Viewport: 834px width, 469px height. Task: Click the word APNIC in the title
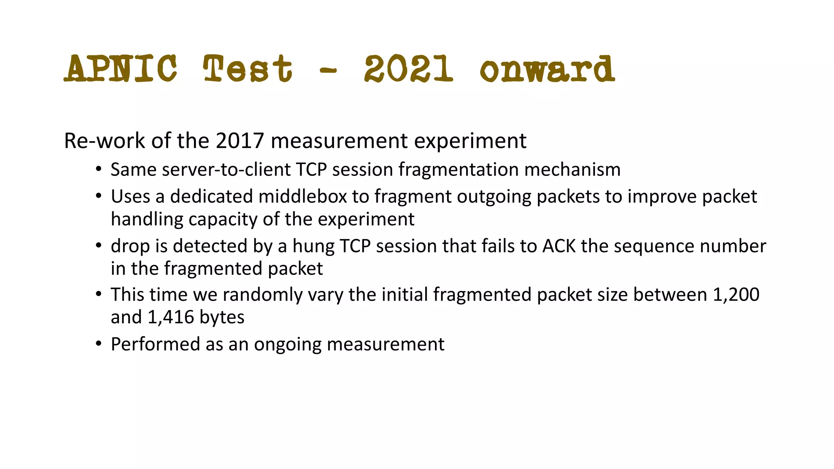coord(121,68)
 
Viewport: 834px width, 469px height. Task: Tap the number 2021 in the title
coord(408,68)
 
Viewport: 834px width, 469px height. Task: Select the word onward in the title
coord(547,68)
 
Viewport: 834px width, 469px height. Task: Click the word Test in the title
coord(248,68)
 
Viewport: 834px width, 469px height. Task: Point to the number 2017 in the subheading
coord(240,141)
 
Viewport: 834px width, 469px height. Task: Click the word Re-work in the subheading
coord(105,141)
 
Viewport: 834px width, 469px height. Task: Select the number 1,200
coord(736,295)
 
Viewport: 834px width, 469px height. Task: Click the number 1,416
coord(171,317)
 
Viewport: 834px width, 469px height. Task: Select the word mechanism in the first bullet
coord(572,170)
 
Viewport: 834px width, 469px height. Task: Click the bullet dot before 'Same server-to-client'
coord(98,169)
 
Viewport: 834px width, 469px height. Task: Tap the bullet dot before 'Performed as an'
coord(98,344)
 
